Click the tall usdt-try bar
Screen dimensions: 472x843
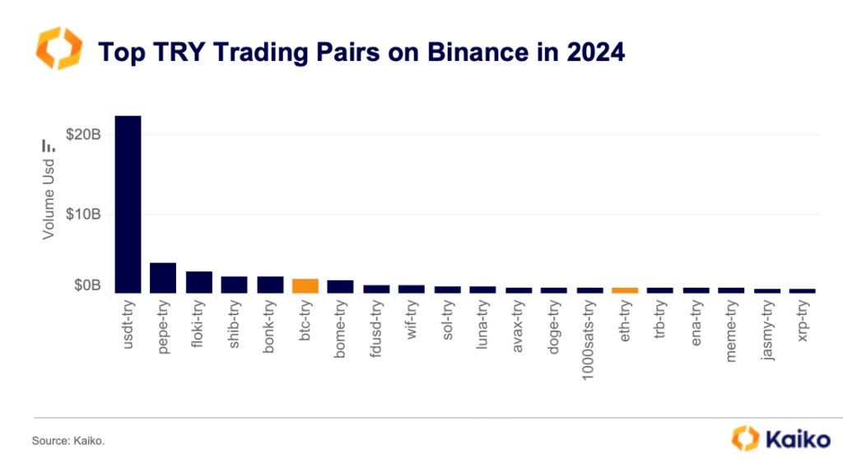click(128, 204)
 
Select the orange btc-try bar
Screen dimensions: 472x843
click(305, 286)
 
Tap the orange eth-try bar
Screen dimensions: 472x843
click(625, 290)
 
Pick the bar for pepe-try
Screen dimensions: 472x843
click(163, 278)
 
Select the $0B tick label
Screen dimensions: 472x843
click(86, 286)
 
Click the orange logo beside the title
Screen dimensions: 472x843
click(58, 49)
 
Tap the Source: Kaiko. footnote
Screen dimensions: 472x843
click(68, 442)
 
